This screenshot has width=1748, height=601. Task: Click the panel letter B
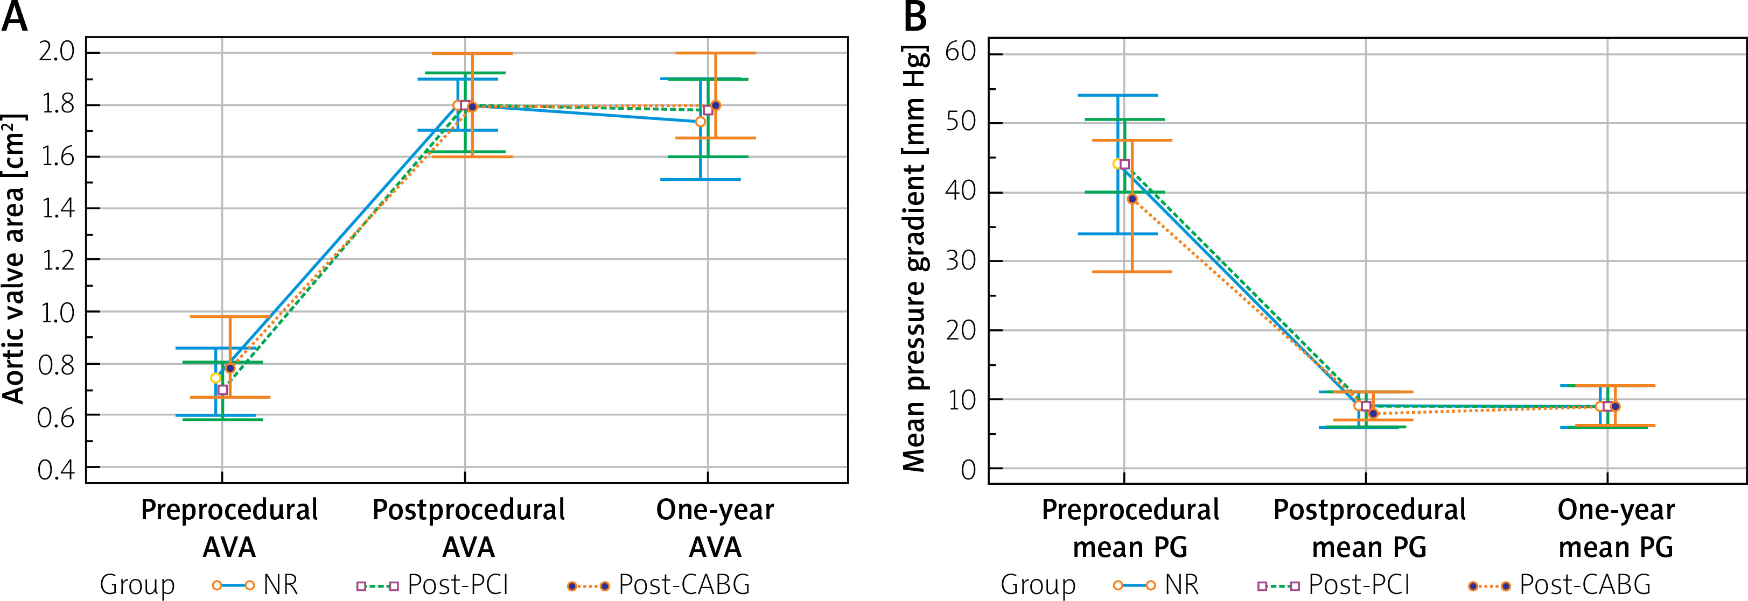click(x=915, y=17)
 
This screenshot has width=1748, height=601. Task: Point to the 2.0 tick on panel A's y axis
click(x=57, y=52)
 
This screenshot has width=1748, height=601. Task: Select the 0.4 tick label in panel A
click(x=57, y=469)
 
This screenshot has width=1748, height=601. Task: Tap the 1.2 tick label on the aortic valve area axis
click(x=57, y=260)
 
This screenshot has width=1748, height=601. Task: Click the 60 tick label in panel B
click(x=960, y=52)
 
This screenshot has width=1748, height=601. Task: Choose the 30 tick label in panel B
click(x=960, y=261)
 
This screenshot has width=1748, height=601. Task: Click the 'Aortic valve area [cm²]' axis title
click(x=15, y=259)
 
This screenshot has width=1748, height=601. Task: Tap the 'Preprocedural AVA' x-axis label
click(x=229, y=528)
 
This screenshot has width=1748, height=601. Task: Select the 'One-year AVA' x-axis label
click(x=715, y=528)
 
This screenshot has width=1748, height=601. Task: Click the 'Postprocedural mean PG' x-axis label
click(x=1369, y=528)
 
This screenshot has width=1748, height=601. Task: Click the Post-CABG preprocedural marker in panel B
click(x=1132, y=199)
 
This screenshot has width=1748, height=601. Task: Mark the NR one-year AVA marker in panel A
click(x=700, y=122)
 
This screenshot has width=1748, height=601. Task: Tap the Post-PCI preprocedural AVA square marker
click(x=222, y=390)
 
